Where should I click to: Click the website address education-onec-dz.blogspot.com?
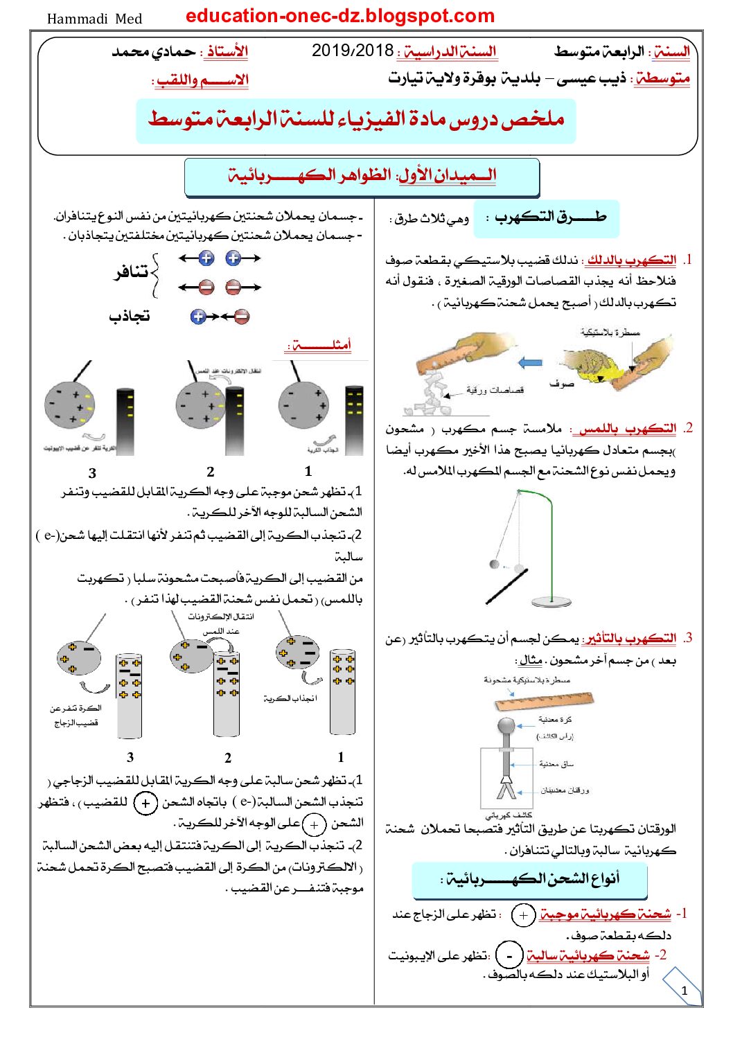tap(340, 16)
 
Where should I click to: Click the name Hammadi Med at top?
tap(94, 19)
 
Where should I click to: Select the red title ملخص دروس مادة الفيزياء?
tap(355, 119)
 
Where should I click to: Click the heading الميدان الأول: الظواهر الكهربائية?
tap(362, 175)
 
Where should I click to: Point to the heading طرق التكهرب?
tap(550, 218)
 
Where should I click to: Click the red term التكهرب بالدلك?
tap(630, 260)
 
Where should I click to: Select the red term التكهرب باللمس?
tap(628, 428)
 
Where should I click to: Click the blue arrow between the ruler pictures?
tap(530, 362)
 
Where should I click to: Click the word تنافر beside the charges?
tap(131, 272)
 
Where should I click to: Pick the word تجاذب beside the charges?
tap(130, 317)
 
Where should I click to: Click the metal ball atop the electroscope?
tap(506, 726)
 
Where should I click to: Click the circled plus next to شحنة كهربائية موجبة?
tap(523, 915)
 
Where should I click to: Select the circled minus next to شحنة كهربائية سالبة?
tap(509, 956)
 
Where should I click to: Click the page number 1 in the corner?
tap(685, 990)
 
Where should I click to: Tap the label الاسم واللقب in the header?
tap(202, 80)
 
